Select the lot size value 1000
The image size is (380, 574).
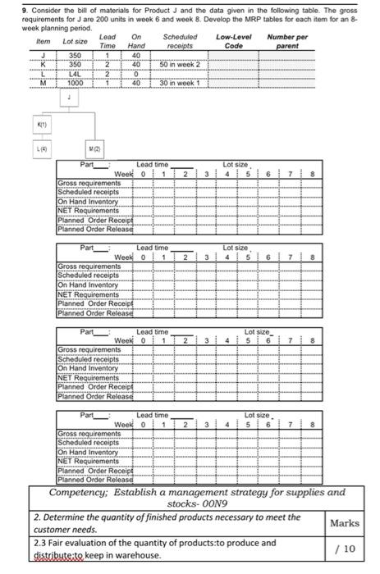pos(75,83)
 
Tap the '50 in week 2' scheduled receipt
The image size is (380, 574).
pos(178,65)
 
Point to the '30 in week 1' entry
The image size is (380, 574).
pos(178,83)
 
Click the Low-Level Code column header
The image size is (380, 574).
pos(234,42)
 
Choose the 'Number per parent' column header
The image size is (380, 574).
pos(287,42)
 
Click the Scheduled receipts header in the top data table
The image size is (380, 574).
pos(180,42)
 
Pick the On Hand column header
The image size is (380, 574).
pos(136,42)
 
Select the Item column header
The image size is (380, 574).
pos(43,41)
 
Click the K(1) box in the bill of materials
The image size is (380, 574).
pos(42,124)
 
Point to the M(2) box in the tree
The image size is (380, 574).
pos(97,148)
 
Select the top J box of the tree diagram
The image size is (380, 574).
pos(70,97)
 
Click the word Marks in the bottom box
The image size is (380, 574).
pos(344,522)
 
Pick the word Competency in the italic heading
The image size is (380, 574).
pos(80,493)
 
